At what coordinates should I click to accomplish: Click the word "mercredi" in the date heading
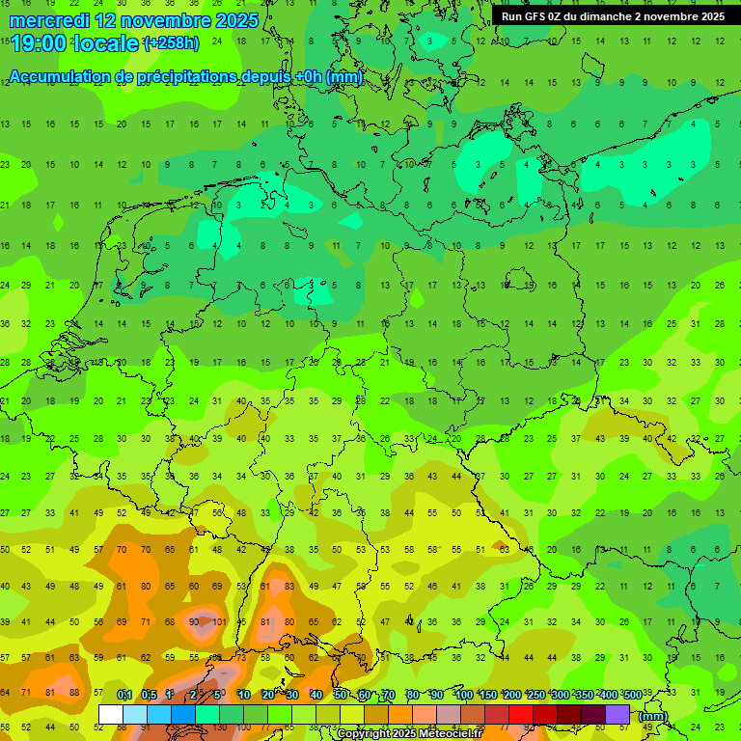(48, 19)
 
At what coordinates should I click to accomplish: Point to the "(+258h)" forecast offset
(171, 42)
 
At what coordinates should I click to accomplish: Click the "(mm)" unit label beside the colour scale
(653, 716)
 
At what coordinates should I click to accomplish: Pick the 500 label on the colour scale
(633, 695)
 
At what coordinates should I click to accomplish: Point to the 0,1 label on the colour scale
(124, 695)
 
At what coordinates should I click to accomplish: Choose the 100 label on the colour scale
(463, 695)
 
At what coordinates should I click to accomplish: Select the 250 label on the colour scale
(535, 695)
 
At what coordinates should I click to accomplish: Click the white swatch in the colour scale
(111, 714)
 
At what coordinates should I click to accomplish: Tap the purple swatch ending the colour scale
(617, 714)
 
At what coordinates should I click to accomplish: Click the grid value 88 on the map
(74, 692)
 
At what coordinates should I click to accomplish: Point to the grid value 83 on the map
(288, 587)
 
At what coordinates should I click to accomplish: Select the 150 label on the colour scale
(487, 695)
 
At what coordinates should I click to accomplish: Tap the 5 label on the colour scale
(219, 695)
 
